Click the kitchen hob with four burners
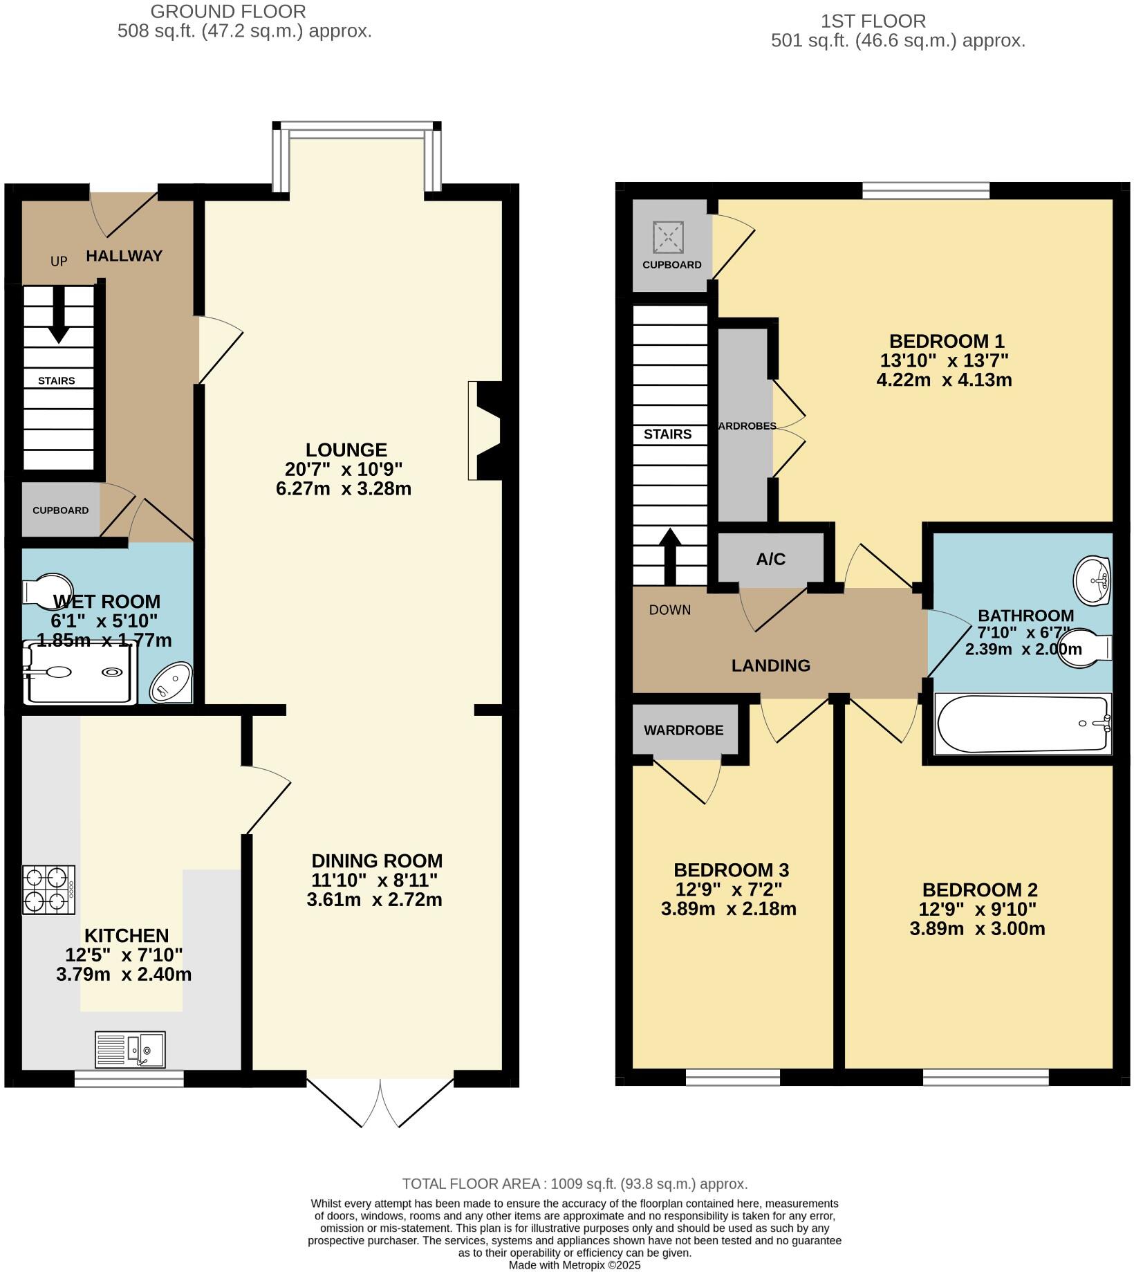(x=48, y=890)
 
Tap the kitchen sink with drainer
(x=130, y=1049)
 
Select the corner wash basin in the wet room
(x=171, y=682)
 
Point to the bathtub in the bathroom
(x=1022, y=724)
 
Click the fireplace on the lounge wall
(x=486, y=430)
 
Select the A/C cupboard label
(x=770, y=560)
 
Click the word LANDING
(x=770, y=665)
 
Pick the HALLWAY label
(x=124, y=256)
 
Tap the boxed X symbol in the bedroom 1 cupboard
(x=669, y=238)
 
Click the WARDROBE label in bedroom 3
(x=683, y=730)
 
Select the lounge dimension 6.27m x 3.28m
(x=343, y=489)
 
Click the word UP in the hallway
(x=59, y=261)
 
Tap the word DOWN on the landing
(x=669, y=610)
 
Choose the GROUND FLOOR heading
(x=228, y=12)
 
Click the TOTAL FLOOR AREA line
(x=575, y=1184)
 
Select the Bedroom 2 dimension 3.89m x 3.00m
(x=976, y=929)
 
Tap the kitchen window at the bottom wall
(x=129, y=1078)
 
